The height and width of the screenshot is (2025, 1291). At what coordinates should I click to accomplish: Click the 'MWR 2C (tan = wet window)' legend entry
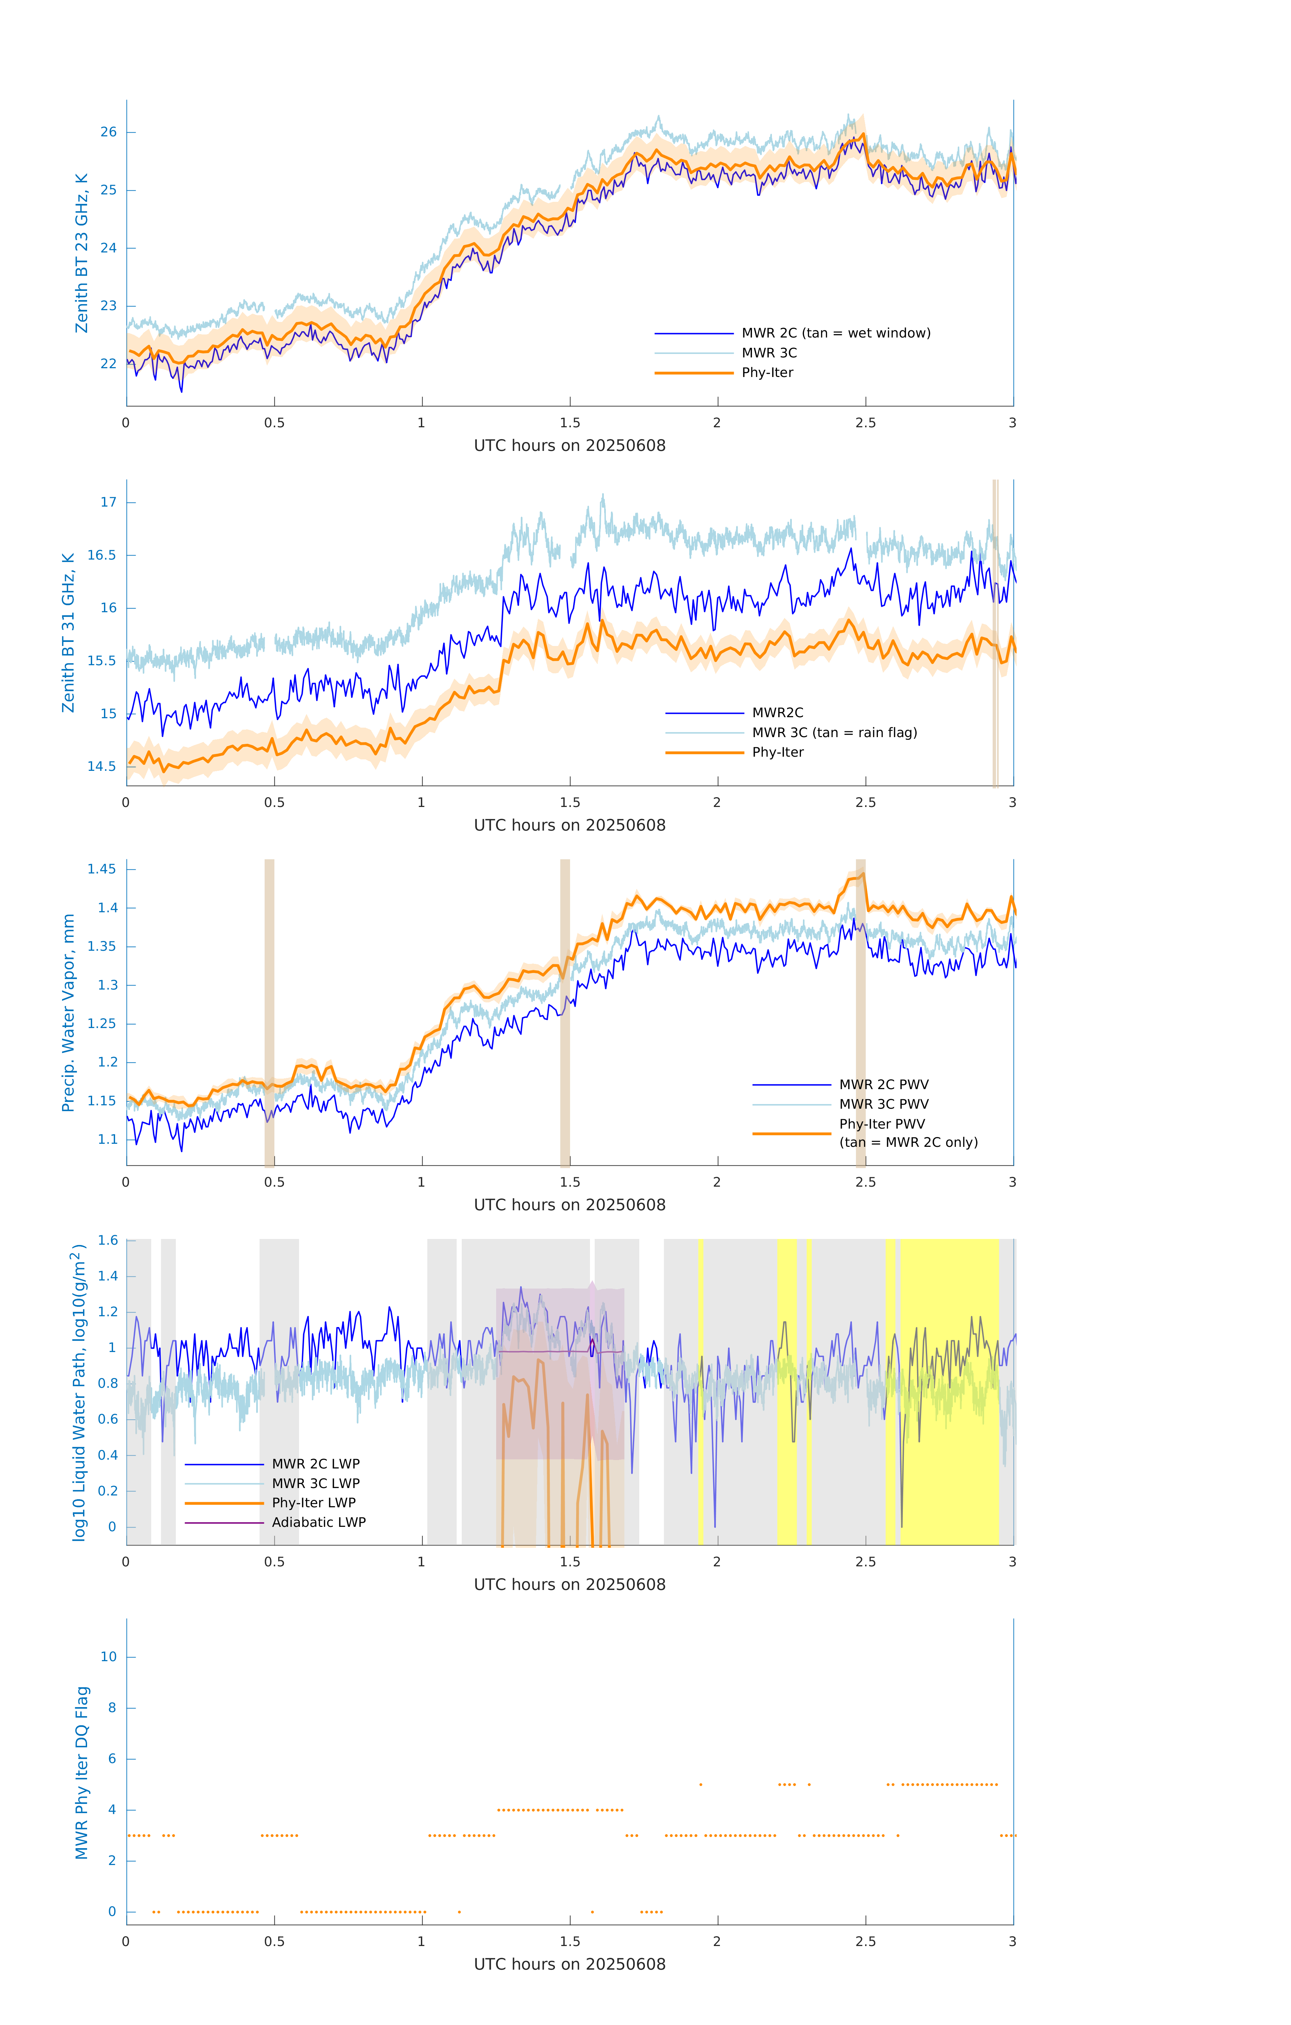coord(835,333)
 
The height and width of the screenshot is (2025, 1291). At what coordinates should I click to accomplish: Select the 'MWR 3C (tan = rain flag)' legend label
coord(833,732)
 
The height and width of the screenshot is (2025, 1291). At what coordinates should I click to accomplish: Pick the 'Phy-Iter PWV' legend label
coord(881,1124)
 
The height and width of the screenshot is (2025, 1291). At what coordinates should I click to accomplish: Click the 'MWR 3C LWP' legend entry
coord(315,1483)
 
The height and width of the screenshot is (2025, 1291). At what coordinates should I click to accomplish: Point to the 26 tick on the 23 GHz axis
coord(108,132)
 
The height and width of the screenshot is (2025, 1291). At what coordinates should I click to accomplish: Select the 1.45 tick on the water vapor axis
coord(102,869)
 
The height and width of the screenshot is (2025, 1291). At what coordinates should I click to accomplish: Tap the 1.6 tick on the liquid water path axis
coord(108,1240)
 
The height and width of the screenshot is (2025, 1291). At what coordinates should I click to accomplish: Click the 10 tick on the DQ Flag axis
coord(108,1657)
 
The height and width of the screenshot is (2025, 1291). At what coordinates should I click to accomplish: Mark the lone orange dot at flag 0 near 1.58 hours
coord(592,1912)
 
